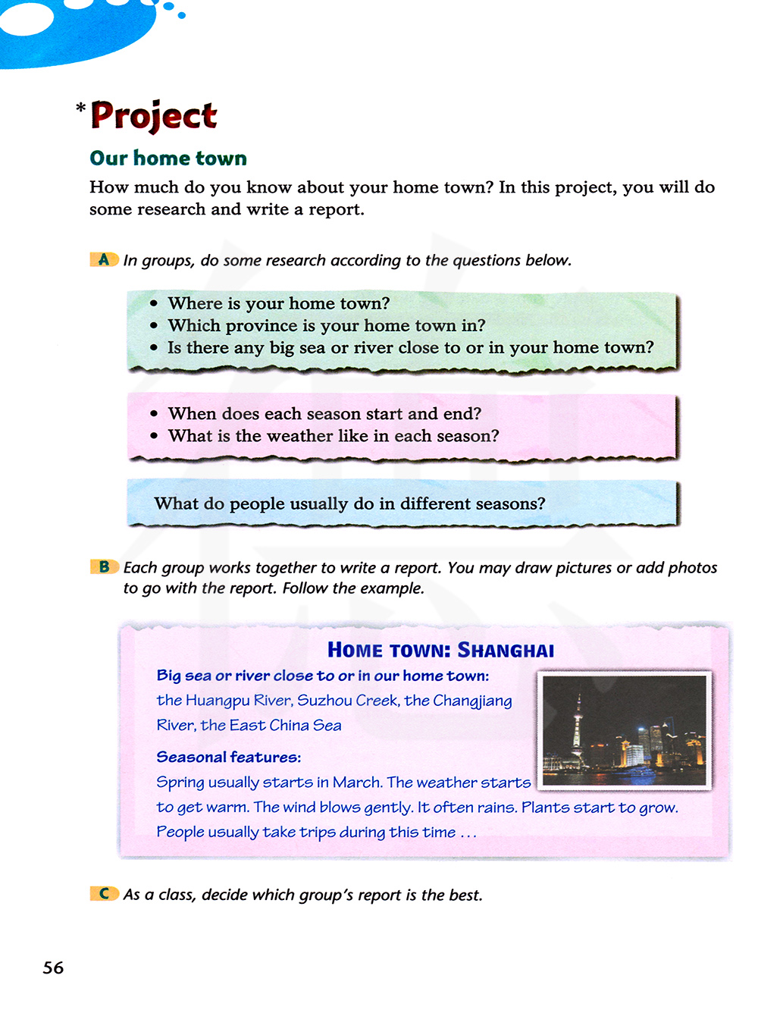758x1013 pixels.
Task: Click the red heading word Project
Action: coord(154,115)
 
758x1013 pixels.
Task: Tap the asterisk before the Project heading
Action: coord(81,109)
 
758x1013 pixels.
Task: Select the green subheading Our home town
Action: coord(168,158)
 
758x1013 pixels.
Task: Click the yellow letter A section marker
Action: coord(104,259)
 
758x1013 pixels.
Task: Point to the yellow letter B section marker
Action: coord(104,566)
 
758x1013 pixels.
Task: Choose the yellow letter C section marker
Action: coord(104,893)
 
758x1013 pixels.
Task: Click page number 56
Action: coord(53,968)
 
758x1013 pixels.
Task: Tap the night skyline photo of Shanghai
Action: coord(624,730)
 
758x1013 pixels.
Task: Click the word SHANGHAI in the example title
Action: coord(506,651)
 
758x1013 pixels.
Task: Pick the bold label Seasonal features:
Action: coord(228,757)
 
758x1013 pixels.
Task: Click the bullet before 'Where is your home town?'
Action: coord(154,303)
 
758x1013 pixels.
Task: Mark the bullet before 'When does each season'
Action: coord(154,414)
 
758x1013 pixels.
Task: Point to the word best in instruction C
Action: coord(465,895)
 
